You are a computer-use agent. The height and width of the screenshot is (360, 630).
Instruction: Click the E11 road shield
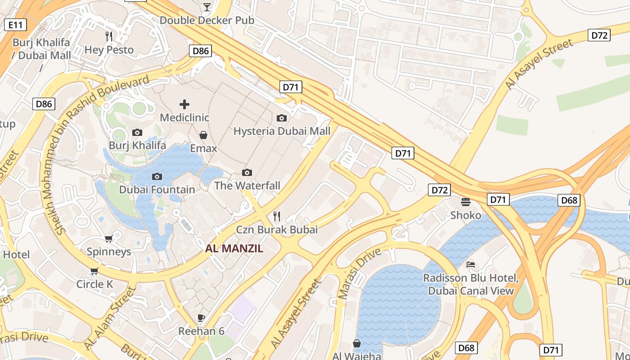(15, 25)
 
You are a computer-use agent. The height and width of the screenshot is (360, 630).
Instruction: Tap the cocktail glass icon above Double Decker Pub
(207, 7)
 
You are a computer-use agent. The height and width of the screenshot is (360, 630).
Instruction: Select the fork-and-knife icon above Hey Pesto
(109, 36)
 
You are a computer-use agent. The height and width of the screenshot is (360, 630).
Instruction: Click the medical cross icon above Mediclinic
(184, 104)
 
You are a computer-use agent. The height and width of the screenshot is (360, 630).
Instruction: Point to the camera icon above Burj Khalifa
(137, 132)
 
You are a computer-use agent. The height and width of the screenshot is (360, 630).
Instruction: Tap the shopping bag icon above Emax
(203, 135)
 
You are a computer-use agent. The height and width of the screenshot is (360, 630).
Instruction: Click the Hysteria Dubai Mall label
(282, 131)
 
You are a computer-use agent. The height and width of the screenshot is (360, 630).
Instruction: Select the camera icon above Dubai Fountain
(157, 176)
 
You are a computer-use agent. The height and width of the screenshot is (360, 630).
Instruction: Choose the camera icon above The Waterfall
(247, 172)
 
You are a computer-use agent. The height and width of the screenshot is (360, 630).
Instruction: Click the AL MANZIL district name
(234, 248)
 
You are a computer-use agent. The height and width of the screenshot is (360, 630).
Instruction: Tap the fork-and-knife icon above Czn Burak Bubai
(277, 216)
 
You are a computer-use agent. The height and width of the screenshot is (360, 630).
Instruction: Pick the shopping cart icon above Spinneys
(108, 238)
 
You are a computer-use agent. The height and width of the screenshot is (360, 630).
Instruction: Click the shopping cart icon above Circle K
(94, 271)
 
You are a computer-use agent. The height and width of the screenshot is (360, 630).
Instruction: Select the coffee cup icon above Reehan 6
(201, 318)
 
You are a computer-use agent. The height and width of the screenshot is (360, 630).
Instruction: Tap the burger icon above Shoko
(465, 202)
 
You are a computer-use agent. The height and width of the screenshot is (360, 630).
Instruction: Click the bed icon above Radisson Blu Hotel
(471, 265)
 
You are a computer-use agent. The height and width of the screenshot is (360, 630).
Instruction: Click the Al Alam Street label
(110, 317)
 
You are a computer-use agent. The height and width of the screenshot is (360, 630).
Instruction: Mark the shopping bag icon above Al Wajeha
(356, 343)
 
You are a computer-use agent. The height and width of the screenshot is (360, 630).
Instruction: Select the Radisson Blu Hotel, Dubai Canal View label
(471, 284)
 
